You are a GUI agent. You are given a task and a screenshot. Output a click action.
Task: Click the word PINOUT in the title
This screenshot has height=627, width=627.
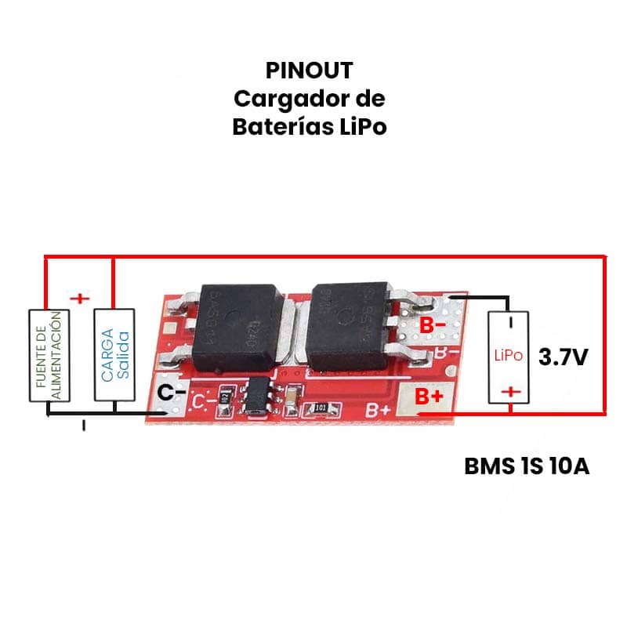[x=309, y=71]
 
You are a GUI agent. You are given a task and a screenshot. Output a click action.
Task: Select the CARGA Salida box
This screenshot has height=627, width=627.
[x=114, y=354]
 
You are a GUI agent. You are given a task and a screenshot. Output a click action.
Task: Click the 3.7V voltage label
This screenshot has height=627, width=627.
[x=564, y=357]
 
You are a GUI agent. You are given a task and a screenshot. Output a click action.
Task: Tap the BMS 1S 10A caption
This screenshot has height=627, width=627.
[x=527, y=467]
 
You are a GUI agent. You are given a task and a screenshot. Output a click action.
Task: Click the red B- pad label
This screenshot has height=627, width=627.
[x=432, y=324]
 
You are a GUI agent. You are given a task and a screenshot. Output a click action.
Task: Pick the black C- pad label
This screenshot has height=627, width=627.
[x=172, y=394]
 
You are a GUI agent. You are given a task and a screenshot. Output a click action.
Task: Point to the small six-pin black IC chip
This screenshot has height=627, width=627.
[x=257, y=396]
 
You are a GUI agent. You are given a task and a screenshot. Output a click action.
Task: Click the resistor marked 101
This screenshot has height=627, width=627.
[x=320, y=408]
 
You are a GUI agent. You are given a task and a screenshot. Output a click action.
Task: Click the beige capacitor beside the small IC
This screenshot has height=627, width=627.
[x=292, y=397]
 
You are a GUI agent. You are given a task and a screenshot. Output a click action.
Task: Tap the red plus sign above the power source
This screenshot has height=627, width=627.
[x=79, y=299]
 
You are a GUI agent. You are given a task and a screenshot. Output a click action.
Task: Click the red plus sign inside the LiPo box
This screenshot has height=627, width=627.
[x=510, y=391]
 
